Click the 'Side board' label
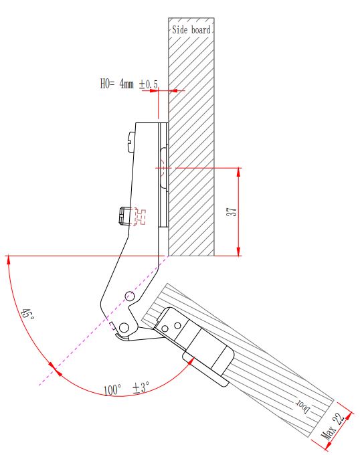pos(191,29)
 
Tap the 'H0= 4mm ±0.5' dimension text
pos(129,84)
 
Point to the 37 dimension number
pos(232,211)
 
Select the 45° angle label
pos(27,314)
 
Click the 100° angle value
pos(112,389)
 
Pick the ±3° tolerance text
pos(141,387)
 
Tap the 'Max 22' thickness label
pos(333,426)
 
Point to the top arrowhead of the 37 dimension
pos(238,173)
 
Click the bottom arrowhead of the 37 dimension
pos(238,251)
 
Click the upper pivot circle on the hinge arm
pos(130,296)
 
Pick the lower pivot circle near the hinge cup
pos(124,327)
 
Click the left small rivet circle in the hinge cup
pos(165,329)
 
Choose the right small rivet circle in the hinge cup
pos(178,326)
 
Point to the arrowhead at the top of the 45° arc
pos(9,260)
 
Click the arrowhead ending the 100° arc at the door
pos(191,361)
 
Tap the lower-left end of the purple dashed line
pos(39,385)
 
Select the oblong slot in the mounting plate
pos(164,168)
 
